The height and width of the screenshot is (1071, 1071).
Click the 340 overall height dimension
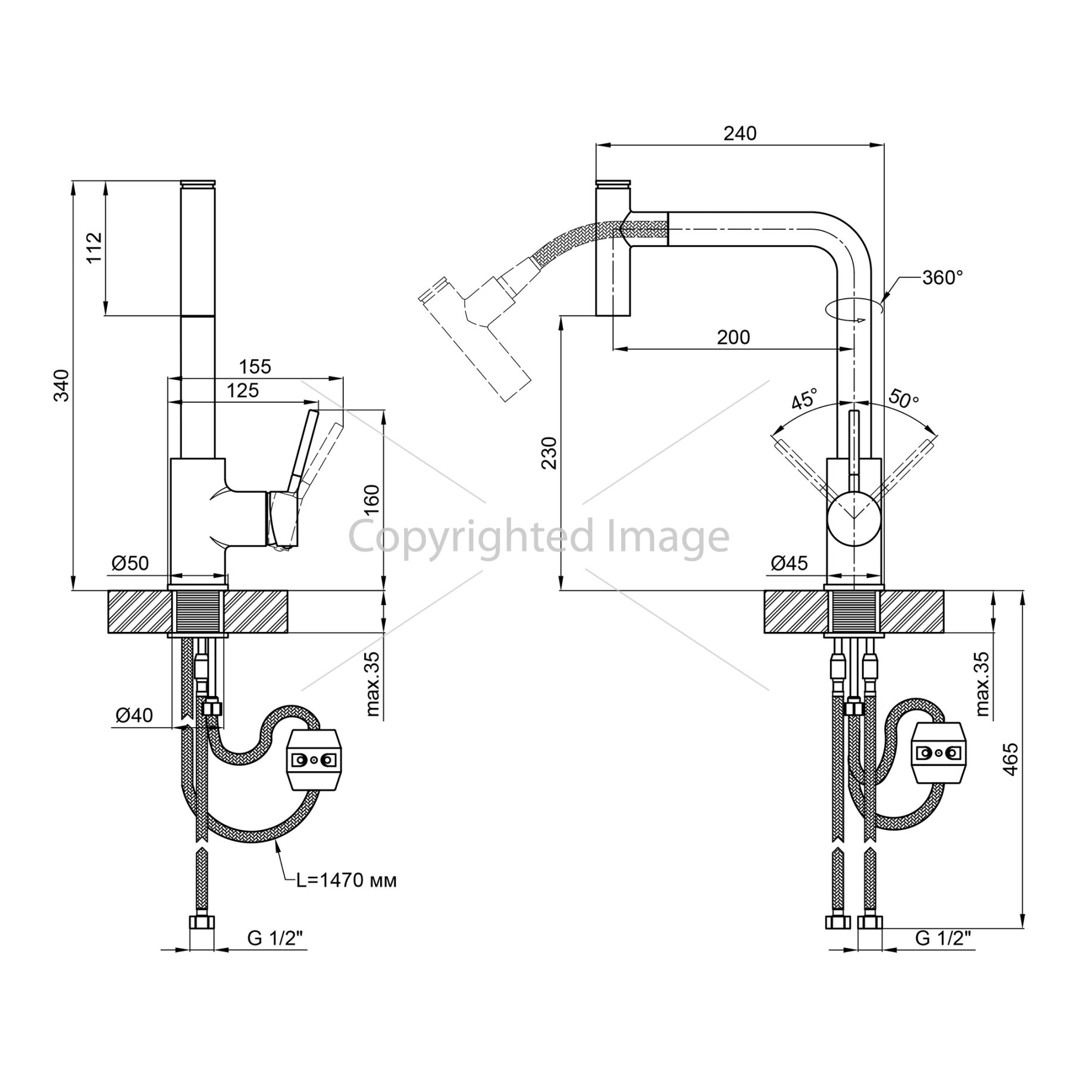click(62, 385)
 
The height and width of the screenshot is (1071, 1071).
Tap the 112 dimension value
click(95, 247)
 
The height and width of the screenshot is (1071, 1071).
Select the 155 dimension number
click(255, 366)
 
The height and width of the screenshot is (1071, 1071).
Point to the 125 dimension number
click(243, 390)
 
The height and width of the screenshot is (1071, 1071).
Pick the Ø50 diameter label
click(130, 562)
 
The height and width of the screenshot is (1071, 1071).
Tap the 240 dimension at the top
click(740, 133)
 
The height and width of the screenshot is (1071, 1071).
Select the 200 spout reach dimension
click(734, 337)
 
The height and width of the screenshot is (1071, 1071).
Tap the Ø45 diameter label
click(790, 562)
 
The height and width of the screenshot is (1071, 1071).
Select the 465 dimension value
click(1010, 759)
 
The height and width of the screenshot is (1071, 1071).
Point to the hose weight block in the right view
click(940, 753)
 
